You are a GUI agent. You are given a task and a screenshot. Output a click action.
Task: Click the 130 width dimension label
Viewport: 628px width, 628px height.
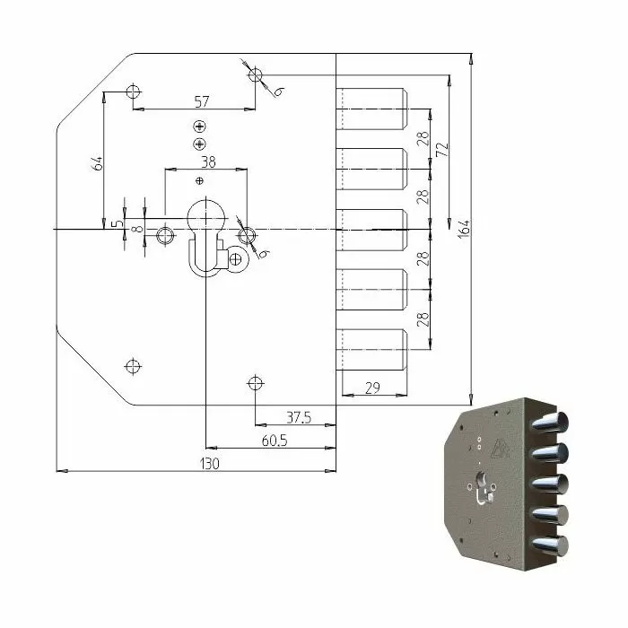tap(209, 464)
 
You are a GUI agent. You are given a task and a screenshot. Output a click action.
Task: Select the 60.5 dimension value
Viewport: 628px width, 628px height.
tap(275, 441)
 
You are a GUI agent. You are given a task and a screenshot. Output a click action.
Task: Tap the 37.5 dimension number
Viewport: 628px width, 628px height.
tap(299, 418)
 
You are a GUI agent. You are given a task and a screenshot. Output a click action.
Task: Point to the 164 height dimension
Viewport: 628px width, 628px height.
tap(464, 229)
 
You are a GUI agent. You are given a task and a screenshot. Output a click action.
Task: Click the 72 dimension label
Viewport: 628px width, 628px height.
tap(443, 150)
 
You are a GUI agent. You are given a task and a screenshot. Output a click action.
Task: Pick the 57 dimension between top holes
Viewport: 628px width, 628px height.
tap(202, 101)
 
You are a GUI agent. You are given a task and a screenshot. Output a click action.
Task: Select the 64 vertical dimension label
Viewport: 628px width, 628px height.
tap(98, 163)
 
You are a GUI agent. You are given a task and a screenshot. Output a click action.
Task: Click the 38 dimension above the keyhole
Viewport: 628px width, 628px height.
tap(208, 162)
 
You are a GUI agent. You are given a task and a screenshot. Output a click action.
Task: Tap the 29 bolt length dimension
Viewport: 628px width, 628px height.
tap(372, 388)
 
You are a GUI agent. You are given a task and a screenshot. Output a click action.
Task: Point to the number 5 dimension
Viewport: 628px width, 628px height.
tap(118, 223)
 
